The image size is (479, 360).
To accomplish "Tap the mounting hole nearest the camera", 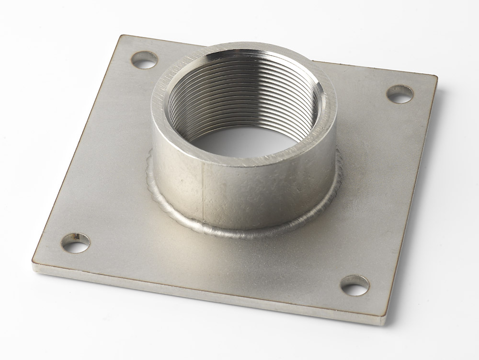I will tap(355, 285).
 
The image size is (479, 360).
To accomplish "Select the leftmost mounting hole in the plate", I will tap(76, 243).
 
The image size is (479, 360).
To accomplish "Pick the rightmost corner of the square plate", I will tap(437, 78).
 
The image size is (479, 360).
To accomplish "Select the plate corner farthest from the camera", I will tap(122, 36).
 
